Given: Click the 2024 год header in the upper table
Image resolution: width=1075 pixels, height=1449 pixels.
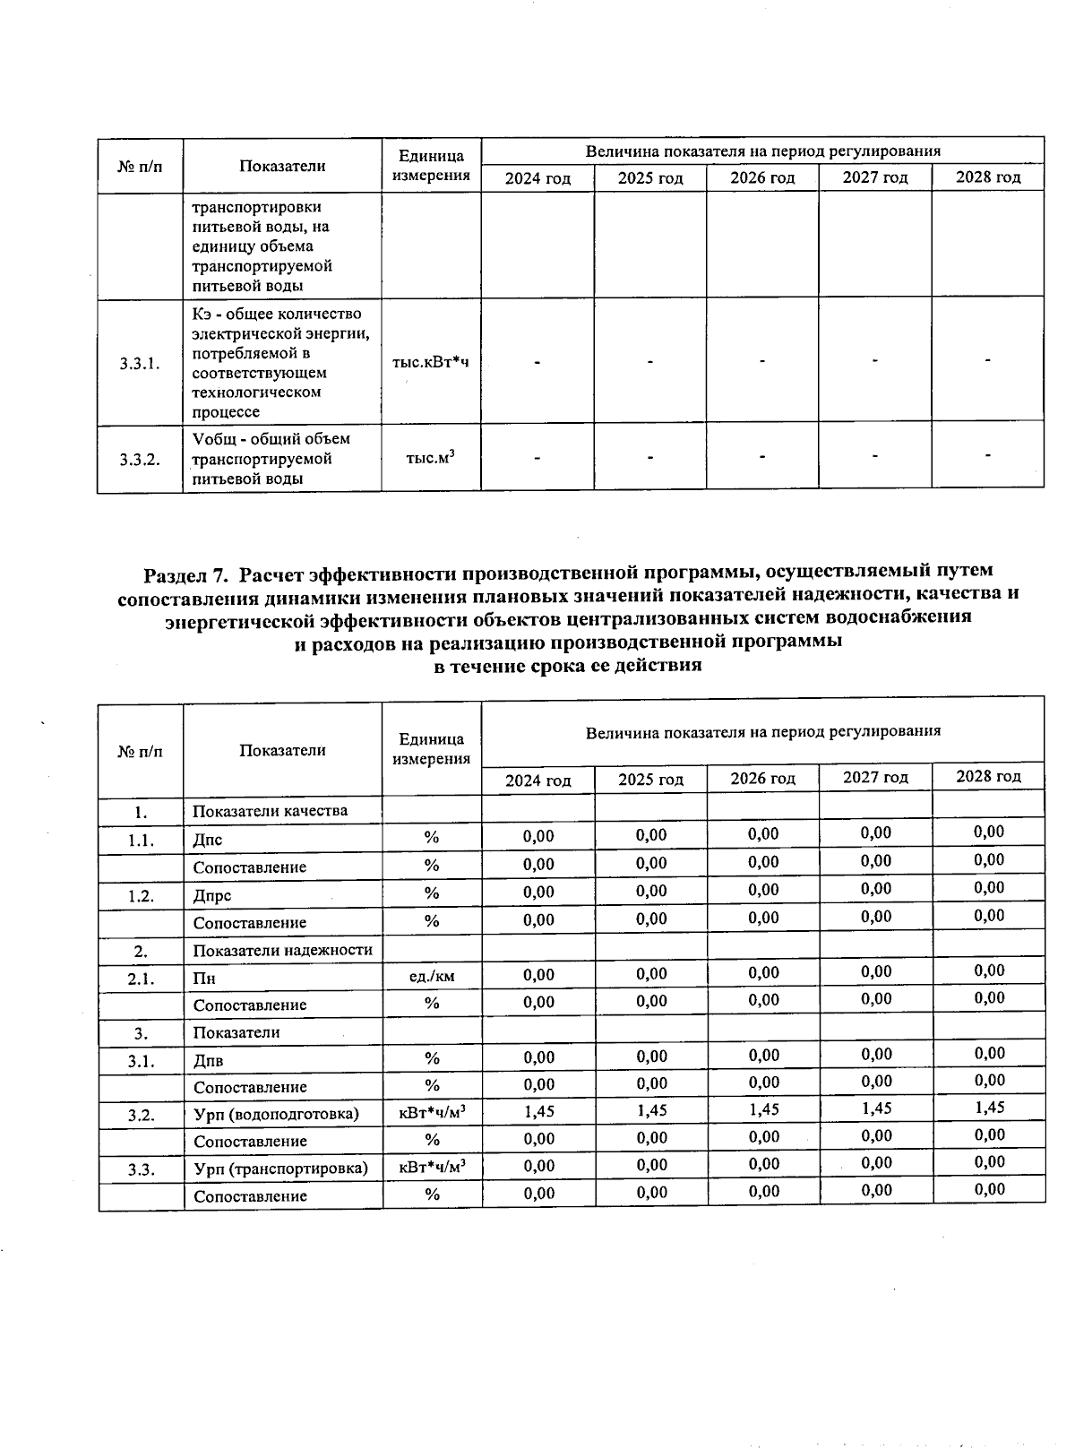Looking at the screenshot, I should (x=537, y=177).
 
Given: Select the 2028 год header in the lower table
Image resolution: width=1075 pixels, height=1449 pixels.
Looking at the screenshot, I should (x=988, y=776).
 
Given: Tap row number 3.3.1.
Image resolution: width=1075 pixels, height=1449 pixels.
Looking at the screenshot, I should (x=140, y=363).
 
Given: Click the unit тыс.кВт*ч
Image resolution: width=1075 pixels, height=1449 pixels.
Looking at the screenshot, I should (x=431, y=363).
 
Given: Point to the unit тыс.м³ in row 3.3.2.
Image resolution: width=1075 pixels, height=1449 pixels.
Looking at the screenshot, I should (x=431, y=458).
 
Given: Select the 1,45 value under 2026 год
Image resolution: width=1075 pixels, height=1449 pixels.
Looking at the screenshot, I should (x=763, y=1109).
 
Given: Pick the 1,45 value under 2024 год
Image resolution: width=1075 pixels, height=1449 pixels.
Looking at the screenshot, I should (x=538, y=1111).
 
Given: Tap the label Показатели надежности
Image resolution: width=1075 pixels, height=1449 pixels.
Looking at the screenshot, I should (x=283, y=950).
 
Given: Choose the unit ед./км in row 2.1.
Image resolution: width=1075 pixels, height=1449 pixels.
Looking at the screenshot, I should (x=431, y=976).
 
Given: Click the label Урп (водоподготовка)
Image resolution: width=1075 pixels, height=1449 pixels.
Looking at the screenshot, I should (x=276, y=1114).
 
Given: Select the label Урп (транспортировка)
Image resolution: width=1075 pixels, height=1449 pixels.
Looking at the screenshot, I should (x=280, y=1169).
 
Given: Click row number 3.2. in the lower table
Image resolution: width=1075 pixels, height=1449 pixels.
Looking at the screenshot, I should (x=141, y=1115).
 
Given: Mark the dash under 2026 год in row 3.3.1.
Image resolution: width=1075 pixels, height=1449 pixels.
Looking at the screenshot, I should (x=762, y=361).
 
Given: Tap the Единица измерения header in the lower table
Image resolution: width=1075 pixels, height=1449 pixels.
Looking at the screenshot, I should (x=431, y=749).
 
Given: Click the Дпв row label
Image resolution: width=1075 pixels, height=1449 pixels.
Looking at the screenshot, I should (x=208, y=1060).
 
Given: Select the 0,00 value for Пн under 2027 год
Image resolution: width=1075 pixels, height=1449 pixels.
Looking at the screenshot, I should (x=876, y=971).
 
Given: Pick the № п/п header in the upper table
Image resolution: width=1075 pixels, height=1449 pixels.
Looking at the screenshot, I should (x=140, y=166).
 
